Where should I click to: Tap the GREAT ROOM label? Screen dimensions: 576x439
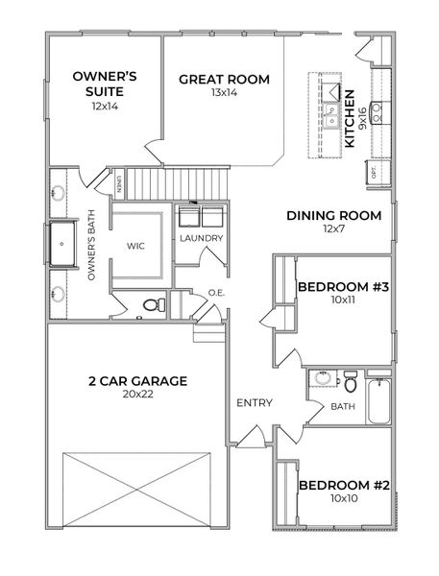[x=224, y=79]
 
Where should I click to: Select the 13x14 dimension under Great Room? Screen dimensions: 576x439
[x=224, y=94]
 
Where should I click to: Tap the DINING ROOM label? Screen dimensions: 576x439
[x=333, y=215]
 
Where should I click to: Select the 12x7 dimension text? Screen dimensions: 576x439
[x=333, y=229]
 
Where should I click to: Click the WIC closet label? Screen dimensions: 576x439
[x=135, y=246]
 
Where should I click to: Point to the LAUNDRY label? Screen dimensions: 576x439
[x=201, y=238]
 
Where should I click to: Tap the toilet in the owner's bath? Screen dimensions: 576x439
[x=149, y=305]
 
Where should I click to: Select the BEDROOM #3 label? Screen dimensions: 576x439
[x=343, y=287]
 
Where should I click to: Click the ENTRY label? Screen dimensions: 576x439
[x=254, y=402]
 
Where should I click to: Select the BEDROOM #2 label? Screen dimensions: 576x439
[x=343, y=486]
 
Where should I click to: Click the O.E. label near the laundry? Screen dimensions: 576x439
[x=215, y=293]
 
